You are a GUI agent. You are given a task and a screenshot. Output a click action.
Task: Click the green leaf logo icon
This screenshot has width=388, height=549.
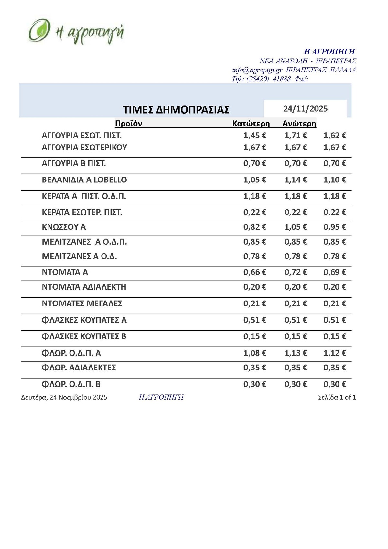click(x=39, y=30)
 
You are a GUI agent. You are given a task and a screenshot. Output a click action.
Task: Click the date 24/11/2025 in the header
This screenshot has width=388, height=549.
click(x=305, y=109)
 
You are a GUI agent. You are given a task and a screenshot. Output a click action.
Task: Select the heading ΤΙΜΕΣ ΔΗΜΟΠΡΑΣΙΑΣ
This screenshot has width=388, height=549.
click(x=176, y=110)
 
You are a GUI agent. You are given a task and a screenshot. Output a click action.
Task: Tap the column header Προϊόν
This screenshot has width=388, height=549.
click(x=128, y=124)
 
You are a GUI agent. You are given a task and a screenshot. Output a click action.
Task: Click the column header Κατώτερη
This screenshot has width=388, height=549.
click(x=251, y=124)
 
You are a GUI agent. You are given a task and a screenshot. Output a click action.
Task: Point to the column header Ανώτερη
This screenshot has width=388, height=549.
click(x=299, y=124)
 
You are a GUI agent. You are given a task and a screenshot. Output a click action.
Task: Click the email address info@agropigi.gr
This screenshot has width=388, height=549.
click(x=257, y=70)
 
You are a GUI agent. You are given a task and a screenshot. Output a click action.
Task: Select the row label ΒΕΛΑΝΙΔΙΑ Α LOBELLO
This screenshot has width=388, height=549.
click(x=84, y=180)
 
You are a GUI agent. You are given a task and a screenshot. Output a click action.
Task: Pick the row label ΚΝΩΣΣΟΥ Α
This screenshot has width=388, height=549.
click(x=64, y=227)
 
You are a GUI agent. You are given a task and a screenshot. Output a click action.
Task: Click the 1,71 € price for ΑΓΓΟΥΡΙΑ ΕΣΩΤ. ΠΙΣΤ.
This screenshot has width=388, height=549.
click(x=296, y=136)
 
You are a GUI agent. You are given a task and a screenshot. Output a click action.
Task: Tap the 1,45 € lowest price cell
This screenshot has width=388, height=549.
click(x=255, y=136)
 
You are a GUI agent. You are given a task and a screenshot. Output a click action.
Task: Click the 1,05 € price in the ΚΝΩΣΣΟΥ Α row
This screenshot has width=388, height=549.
click(x=296, y=227)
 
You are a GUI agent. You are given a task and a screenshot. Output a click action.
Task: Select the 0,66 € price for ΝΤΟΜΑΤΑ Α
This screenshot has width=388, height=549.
click(x=255, y=272)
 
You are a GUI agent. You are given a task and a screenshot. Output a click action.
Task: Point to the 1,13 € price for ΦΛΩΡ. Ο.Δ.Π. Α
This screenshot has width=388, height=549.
click(x=296, y=353)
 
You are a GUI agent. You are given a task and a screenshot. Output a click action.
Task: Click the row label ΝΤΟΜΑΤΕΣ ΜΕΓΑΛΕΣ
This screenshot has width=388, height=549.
click(x=82, y=303)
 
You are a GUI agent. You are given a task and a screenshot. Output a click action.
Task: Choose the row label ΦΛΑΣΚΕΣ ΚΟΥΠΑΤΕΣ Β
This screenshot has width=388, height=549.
click(x=84, y=336)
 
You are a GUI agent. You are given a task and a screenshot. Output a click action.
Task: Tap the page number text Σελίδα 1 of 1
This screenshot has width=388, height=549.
click(x=337, y=397)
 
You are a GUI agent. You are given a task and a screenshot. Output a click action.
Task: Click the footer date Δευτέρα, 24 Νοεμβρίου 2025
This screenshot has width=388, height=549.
click(x=64, y=397)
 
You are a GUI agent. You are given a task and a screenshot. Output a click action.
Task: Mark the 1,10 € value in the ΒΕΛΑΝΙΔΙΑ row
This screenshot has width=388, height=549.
click(x=335, y=180)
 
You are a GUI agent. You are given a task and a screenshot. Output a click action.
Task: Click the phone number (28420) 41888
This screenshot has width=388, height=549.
click(x=268, y=79)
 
